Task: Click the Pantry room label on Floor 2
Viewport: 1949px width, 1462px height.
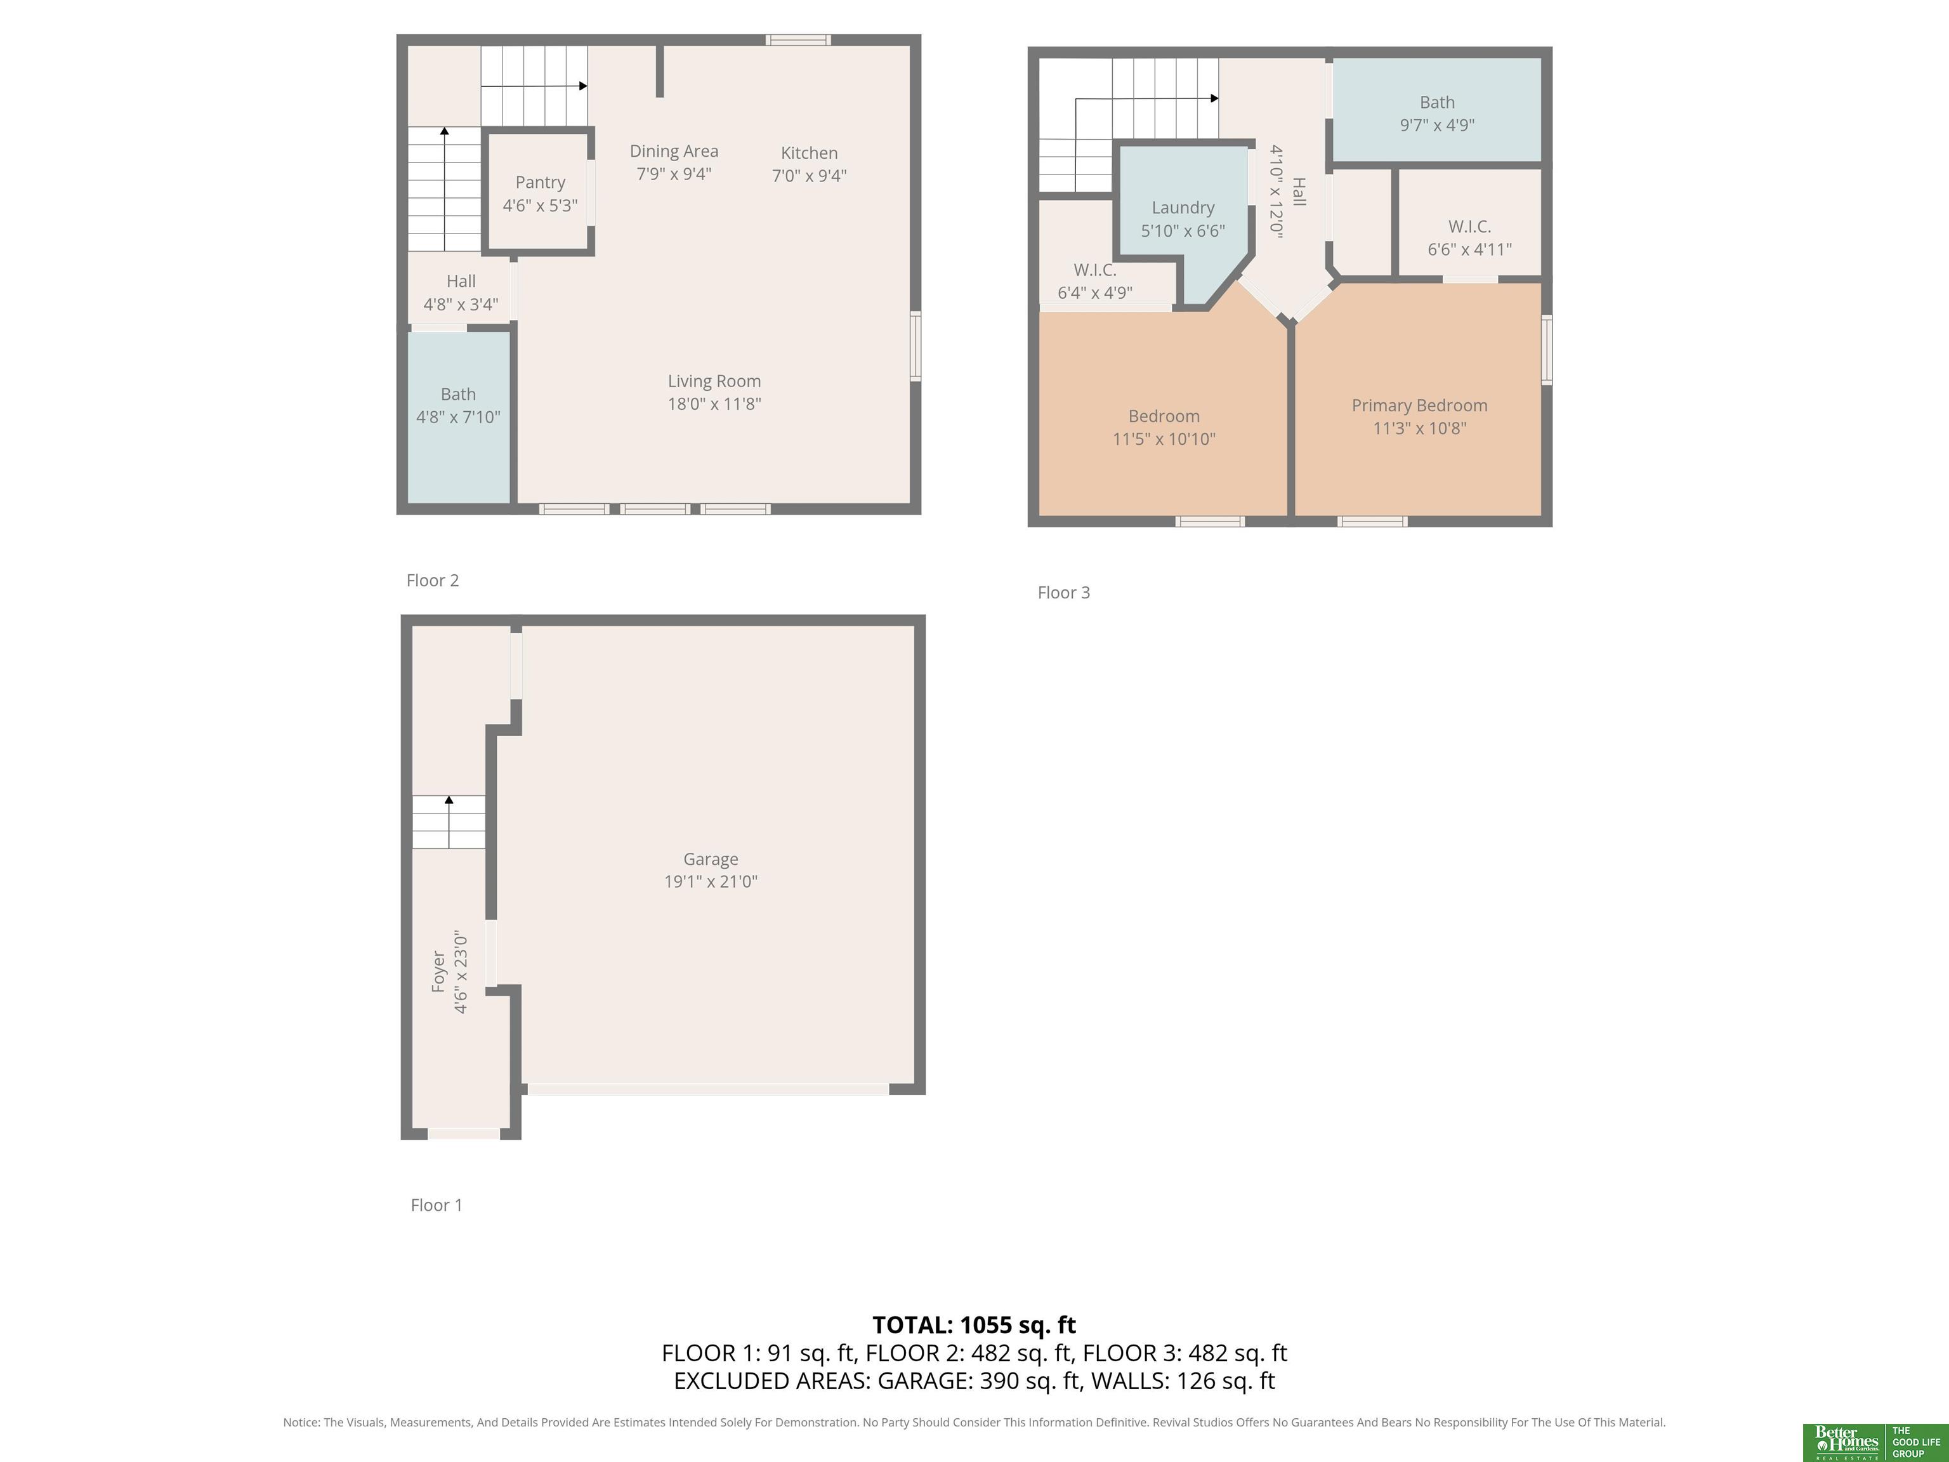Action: point(540,182)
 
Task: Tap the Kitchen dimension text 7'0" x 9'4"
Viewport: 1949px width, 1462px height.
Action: point(809,175)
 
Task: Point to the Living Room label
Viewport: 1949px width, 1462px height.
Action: point(714,381)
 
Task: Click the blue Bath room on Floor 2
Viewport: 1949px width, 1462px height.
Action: point(458,417)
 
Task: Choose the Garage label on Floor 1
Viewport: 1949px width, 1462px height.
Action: point(710,859)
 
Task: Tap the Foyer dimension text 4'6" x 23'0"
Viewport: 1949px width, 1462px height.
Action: point(461,972)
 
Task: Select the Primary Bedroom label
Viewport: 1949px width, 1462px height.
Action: point(1419,405)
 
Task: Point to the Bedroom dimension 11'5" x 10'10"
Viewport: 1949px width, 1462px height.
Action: point(1164,439)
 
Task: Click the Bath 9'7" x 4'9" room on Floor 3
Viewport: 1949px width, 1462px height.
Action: point(1436,110)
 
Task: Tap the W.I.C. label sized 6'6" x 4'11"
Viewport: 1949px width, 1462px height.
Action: point(1469,227)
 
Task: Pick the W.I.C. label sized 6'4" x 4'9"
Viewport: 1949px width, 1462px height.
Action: point(1094,270)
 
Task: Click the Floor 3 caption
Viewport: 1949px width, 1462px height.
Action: point(1063,592)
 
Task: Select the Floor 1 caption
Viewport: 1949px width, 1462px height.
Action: point(436,1204)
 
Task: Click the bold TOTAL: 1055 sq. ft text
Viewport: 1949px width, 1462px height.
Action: point(974,1324)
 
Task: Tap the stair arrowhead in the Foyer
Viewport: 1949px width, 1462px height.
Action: point(449,800)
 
